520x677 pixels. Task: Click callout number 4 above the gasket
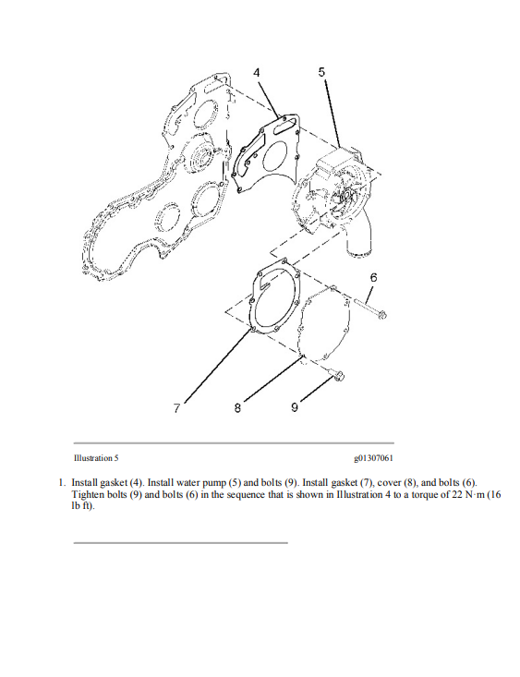point(256,72)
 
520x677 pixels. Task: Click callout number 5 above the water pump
point(321,72)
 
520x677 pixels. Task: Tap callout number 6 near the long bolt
point(373,277)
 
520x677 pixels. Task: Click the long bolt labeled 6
point(369,308)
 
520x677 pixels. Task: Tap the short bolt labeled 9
point(336,375)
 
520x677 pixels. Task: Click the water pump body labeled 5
point(337,189)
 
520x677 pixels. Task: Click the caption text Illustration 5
point(95,458)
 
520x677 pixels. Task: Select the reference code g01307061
point(372,458)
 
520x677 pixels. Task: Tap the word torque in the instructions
point(424,494)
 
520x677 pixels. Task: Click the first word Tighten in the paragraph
point(88,494)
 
